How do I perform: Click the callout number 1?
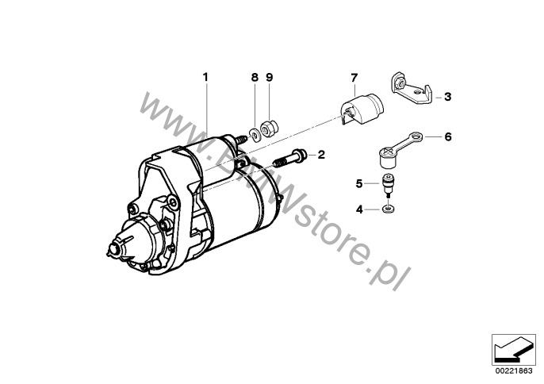(205, 77)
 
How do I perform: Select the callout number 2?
(321, 155)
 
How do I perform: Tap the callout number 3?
(447, 97)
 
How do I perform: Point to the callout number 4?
(359, 209)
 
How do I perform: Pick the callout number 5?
(359, 183)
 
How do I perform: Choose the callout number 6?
(448, 137)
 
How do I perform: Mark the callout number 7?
(354, 78)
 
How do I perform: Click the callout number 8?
(255, 77)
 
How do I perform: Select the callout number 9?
(270, 77)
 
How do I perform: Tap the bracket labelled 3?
(412, 89)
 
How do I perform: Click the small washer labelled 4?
(388, 209)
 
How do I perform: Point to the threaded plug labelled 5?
(388, 185)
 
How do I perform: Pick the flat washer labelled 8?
(255, 135)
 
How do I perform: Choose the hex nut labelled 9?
(270, 128)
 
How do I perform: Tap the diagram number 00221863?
(514, 371)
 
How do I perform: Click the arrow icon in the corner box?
(514, 349)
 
